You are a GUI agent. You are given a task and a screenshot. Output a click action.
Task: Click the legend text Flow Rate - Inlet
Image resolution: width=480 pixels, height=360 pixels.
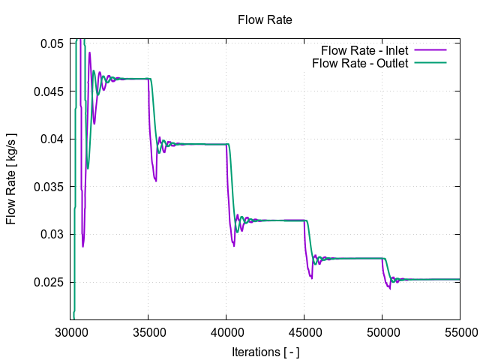tap(364, 50)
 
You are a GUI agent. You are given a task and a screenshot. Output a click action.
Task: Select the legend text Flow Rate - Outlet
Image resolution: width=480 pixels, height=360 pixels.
tap(360, 63)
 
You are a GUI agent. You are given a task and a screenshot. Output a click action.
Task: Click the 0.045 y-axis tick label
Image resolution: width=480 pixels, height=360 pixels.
tap(51, 91)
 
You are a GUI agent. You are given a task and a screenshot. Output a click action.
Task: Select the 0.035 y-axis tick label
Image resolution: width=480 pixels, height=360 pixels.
tap(51, 187)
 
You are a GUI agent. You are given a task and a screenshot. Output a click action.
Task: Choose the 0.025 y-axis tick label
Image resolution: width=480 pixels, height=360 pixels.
tap(51, 282)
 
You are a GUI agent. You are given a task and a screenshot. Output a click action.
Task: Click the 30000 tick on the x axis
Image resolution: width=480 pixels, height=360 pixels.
tap(71, 331)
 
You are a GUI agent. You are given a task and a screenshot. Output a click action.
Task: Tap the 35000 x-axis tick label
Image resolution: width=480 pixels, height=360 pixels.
tap(148, 331)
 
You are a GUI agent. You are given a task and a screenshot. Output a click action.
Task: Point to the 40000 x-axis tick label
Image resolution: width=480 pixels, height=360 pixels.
tap(226, 331)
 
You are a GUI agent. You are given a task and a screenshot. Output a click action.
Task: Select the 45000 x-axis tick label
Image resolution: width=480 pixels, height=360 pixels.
tap(304, 331)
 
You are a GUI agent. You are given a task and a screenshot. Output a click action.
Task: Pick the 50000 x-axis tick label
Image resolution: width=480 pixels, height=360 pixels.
tap(382, 331)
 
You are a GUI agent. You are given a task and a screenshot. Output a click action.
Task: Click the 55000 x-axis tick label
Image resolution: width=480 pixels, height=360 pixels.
tap(459, 331)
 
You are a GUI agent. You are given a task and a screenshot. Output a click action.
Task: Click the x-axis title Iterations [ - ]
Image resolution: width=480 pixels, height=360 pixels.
tap(265, 350)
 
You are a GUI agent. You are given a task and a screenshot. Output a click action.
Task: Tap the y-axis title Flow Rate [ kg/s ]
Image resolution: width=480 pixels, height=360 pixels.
tap(11, 179)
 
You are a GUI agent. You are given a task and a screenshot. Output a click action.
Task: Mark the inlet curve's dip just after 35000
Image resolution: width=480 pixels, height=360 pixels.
tap(156, 180)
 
